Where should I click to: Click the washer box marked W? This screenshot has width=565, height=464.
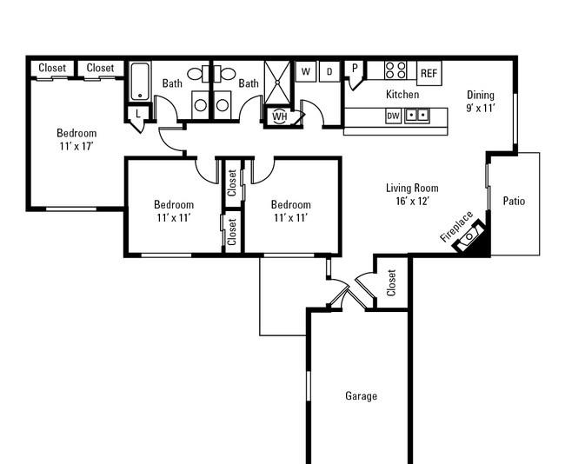[x=306, y=71]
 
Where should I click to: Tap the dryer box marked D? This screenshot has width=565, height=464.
[x=329, y=71]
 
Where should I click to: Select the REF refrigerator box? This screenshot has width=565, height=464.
[x=429, y=73]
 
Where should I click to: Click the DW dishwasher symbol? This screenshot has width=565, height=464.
[x=393, y=116]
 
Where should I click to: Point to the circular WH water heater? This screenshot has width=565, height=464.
[x=280, y=116]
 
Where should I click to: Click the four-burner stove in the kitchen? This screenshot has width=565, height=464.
[x=395, y=70]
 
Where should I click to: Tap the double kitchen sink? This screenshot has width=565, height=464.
[x=417, y=116]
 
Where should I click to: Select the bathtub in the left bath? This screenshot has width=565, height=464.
[x=139, y=82]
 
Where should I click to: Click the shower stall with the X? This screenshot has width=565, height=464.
[x=277, y=83]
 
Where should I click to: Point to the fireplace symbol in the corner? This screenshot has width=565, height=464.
[x=469, y=237]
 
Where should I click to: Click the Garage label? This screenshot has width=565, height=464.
[x=361, y=396]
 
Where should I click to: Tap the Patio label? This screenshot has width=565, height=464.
[x=514, y=201]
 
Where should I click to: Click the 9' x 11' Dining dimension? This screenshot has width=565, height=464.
[x=481, y=108]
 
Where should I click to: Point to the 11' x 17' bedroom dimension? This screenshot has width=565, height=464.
[x=76, y=146]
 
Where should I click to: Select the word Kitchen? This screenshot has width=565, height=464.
[x=402, y=95]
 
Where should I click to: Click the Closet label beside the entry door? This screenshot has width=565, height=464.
[x=391, y=282]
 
